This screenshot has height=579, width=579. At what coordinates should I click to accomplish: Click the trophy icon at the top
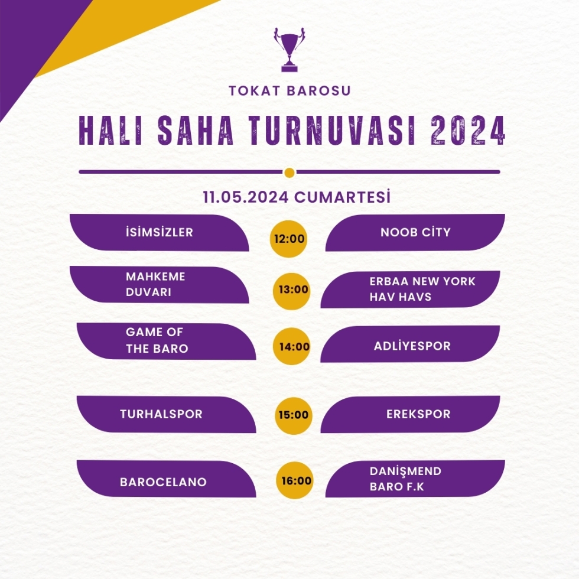click(289, 50)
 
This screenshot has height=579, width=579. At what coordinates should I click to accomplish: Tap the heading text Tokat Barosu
click(290, 91)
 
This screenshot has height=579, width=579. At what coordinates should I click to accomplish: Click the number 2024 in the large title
click(468, 131)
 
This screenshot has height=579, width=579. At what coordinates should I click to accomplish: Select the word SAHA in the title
click(196, 131)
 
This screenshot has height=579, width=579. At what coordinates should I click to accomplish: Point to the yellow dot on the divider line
click(289, 173)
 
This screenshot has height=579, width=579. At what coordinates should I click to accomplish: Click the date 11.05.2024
click(246, 197)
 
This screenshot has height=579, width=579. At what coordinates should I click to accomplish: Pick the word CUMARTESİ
click(342, 197)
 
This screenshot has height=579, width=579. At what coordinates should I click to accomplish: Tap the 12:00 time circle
click(289, 239)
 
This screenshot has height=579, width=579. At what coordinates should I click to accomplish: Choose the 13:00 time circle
click(292, 291)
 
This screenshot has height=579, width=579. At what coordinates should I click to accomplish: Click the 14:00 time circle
click(292, 346)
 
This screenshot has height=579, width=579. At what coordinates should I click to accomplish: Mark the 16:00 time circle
click(295, 480)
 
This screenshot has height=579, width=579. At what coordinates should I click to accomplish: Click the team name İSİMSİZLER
click(160, 232)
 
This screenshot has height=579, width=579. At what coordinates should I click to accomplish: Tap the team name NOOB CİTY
click(415, 232)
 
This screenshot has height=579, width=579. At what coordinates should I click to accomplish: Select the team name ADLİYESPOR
click(412, 346)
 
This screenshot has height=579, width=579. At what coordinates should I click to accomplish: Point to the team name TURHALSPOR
click(161, 414)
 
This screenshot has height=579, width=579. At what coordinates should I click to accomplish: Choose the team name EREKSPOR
click(418, 414)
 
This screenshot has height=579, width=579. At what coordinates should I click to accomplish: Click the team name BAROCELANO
click(163, 482)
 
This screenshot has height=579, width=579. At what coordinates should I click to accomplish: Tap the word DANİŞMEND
click(405, 471)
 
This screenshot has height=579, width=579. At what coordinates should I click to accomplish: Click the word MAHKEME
click(155, 277)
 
